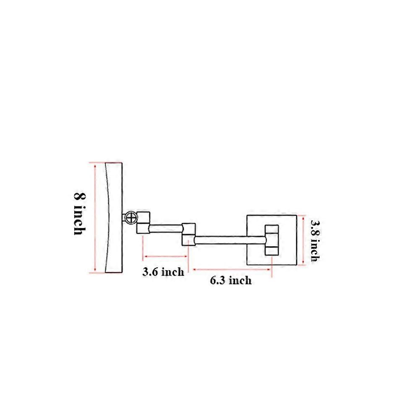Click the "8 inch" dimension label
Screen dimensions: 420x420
point(80,214)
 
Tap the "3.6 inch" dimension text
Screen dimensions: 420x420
point(163,272)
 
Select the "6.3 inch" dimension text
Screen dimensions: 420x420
point(231,280)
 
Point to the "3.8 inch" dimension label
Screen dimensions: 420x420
point(315,240)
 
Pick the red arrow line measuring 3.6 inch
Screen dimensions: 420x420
point(165,256)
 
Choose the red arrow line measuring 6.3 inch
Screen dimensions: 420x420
point(232,269)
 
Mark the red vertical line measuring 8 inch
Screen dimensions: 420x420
point(95,218)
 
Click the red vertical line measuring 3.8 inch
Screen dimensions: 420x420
point(303,240)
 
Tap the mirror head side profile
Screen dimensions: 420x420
point(114,218)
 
